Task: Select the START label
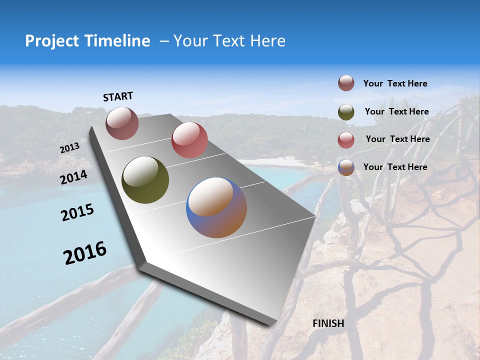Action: pos(118,96)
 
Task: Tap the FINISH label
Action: pos(328,323)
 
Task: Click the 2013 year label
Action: pos(69,148)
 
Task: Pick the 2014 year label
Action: pos(73,177)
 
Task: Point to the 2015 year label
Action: pos(77,212)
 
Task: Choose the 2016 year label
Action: pos(85,252)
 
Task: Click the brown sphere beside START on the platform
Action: pos(122,123)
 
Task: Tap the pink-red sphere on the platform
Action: pos(189,140)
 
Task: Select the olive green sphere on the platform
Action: pos(145,180)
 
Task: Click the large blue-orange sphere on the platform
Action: pos(216,207)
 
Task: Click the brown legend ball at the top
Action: pos(346,83)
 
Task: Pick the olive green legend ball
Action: pos(346,112)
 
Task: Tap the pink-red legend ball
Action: pos(346,140)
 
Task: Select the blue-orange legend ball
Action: pos(346,167)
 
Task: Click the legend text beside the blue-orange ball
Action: pos(395,167)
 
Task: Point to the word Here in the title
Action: pos(267,41)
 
